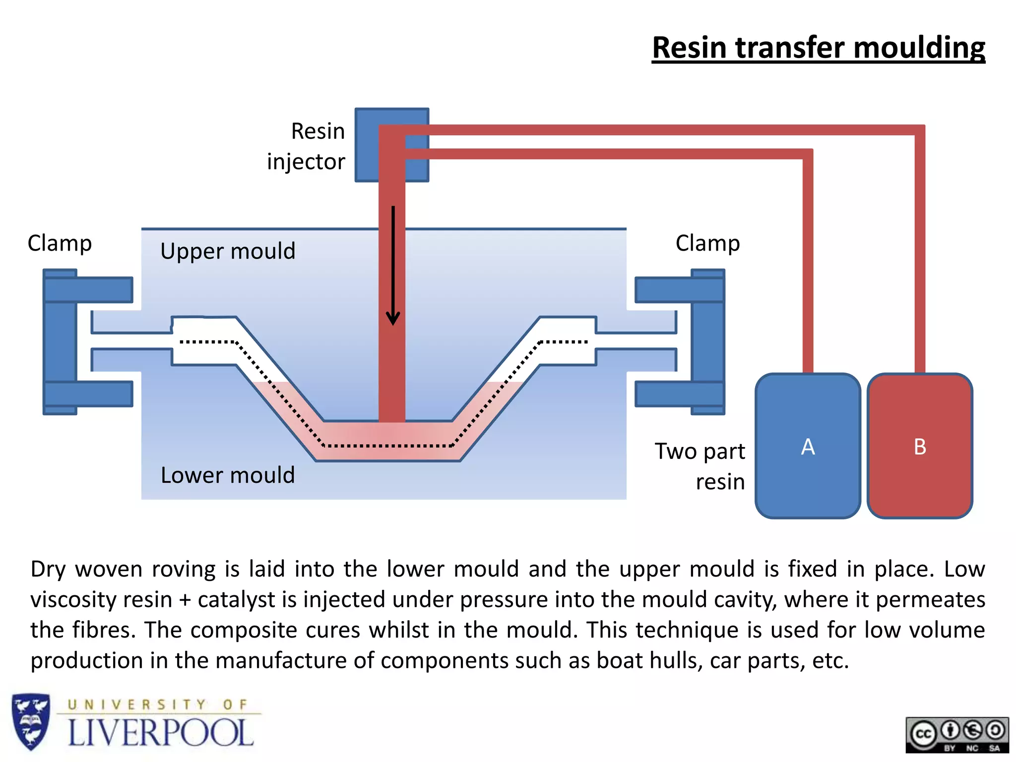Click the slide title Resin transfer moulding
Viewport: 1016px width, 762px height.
tap(818, 48)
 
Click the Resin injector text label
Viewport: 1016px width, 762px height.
tap(306, 146)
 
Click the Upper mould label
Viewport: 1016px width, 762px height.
tap(228, 251)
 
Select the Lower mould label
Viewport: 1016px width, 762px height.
tap(228, 475)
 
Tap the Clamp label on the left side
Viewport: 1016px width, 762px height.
tap(60, 243)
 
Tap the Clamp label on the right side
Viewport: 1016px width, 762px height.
tap(707, 243)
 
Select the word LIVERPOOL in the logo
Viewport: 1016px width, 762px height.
tap(160, 733)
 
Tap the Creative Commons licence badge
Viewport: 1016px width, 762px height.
tap(957, 735)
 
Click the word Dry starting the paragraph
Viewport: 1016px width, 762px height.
tap(48, 569)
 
